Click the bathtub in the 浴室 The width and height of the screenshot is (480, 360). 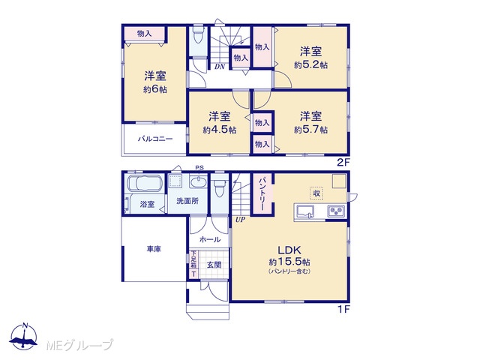click(x=143, y=183)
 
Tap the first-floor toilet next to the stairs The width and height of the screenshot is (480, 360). click(x=220, y=188)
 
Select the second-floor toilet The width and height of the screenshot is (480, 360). click(x=198, y=35)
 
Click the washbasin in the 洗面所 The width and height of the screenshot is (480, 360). click(x=198, y=182)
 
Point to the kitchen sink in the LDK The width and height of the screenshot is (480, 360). click(x=305, y=211)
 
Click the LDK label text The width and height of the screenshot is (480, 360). click(x=289, y=250)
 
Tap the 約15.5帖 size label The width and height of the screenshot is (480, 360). click(x=289, y=262)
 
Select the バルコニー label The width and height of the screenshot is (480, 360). click(x=155, y=139)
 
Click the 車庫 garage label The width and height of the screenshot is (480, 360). click(x=154, y=249)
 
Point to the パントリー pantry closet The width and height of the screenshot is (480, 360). click(x=262, y=193)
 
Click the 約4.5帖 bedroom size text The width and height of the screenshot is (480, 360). click(x=219, y=130)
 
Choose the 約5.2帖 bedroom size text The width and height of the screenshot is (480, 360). click(x=310, y=65)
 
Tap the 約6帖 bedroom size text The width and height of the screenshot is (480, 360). click(x=155, y=90)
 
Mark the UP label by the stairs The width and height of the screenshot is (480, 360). click(x=240, y=220)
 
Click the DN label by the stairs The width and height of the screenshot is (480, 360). click(x=220, y=67)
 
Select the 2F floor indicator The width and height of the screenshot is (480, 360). click(x=343, y=162)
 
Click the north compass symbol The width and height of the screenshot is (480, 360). click(x=23, y=337)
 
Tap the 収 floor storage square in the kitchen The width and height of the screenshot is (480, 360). click(x=316, y=193)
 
